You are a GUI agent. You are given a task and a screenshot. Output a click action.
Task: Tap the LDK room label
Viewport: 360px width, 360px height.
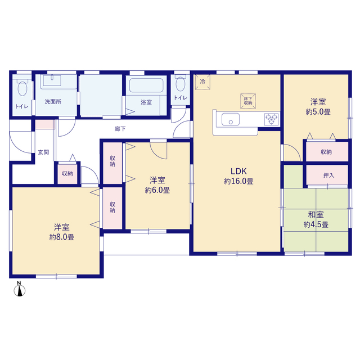(x=238, y=171)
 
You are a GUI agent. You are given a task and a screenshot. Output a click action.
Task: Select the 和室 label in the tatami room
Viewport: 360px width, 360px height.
(x=316, y=215)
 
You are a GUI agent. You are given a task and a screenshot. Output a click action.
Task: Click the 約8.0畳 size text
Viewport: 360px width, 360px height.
(x=62, y=237)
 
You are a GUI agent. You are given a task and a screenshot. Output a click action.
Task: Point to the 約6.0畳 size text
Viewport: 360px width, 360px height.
(x=157, y=190)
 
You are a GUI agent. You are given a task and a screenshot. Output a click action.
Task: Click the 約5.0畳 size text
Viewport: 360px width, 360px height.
(x=318, y=112)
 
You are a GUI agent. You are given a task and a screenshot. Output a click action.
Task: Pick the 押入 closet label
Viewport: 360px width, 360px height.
(x=328, y=175)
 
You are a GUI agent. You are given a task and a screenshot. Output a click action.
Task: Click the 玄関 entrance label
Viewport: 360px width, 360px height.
(x=43, y=152)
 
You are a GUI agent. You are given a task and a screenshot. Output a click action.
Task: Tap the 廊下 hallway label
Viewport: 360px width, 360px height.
(x=120, y=129)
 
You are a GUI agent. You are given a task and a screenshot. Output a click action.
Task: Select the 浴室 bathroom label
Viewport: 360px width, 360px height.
(x=146, y=102)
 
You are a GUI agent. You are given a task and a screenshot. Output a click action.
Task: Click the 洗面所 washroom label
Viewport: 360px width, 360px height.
(x=53, y=101)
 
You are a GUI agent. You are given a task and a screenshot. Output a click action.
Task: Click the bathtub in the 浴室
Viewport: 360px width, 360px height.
(x=146, y=85)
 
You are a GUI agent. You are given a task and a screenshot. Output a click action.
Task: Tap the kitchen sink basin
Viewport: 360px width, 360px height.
(x=231, y=120)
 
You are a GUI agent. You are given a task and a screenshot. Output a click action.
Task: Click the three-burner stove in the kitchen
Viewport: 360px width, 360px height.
(x=272, y=119)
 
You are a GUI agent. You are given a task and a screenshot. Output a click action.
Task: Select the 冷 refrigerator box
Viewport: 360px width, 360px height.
(x=202, y=82)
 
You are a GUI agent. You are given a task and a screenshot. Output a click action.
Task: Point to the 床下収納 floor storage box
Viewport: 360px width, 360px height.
(x=248, y=101)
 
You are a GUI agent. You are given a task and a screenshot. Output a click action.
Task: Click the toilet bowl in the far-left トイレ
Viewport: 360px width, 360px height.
(x=22, y=89)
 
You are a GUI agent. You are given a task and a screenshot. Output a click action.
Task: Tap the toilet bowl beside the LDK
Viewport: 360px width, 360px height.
(x=180, y=84)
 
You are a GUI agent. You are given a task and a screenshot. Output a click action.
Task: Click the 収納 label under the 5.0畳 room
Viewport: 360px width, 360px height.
(x=326, y=152)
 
